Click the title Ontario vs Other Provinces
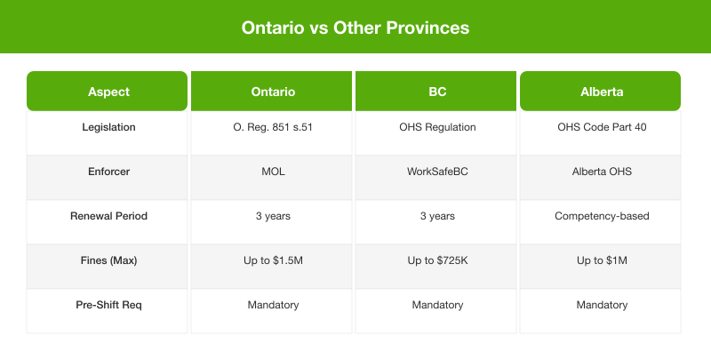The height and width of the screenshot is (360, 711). coord(355,28)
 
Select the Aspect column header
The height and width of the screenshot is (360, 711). coord(108,92)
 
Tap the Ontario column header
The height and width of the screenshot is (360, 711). coord(272,92)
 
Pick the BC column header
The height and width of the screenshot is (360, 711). coord(436,92)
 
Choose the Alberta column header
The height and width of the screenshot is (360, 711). coord(601,92)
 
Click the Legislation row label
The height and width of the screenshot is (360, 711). coord(108,127)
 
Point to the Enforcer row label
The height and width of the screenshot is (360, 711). coord(108,172)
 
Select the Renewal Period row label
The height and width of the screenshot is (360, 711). coord(108,216)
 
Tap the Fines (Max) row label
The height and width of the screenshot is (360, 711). coord(108,260)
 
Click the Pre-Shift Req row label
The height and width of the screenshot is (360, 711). coord(108,305)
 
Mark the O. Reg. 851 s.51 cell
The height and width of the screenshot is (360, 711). coord(272,127)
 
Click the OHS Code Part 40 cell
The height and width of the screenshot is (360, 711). coord(601,127)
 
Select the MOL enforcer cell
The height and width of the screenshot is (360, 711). coord(272,172)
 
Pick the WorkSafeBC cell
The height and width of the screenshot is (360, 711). coord(436,172)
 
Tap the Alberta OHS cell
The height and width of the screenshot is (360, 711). coord(601,172)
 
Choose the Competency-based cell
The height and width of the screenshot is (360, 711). coord(601,216)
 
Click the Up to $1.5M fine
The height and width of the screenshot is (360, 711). coord(272,260)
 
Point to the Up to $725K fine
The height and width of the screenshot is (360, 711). coord(436,260)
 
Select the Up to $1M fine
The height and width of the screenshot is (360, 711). coord(601,260)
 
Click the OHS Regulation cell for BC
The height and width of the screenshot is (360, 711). coord(436,127)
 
